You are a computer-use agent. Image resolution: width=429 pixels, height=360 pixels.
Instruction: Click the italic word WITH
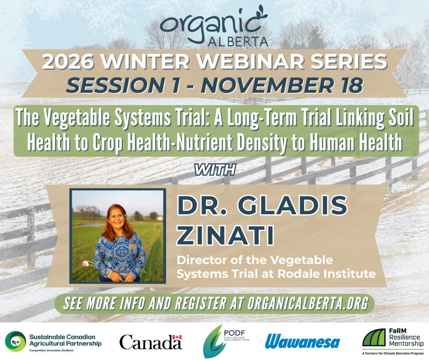point(214,170)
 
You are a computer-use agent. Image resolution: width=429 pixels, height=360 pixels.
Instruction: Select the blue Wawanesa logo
point(302,341)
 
